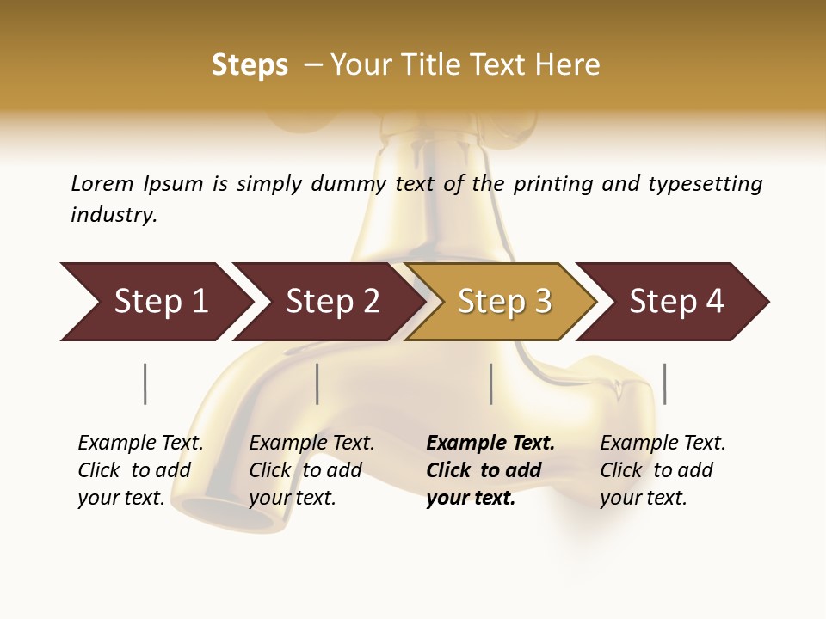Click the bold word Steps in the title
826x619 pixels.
point(250,65)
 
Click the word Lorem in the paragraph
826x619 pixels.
point(102,183)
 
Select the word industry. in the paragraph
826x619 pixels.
point(114,215)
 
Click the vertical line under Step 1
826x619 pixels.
point(145,383)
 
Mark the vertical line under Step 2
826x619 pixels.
point(317,383)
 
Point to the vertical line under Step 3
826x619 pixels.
point(491,383)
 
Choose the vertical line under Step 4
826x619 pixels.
point(665,383)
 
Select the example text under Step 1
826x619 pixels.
point(140,470)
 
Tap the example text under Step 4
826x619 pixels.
point(662,470)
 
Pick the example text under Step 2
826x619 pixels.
point(311,470)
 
